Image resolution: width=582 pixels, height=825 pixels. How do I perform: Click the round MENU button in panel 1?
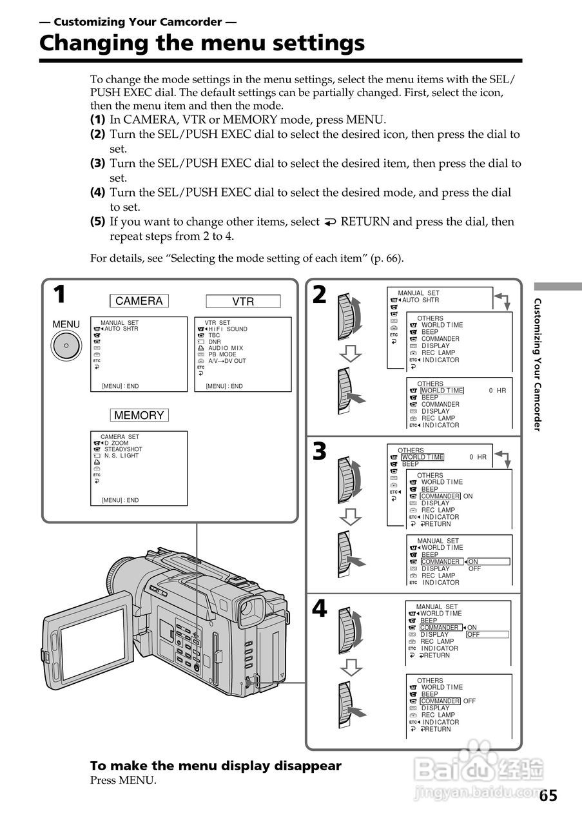[x=66, y=347]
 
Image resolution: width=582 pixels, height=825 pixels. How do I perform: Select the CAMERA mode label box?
[x=139, y=301]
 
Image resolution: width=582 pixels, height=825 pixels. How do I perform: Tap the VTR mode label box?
[x=243, y=301]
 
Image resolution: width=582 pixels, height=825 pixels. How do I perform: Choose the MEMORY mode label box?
[x=139, y=415]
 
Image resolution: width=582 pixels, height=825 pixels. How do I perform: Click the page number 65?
[x=548, y=795]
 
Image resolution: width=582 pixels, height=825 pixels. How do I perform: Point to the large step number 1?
[x=59, y=295]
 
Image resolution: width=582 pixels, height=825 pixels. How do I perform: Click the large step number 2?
[x=319, y=295]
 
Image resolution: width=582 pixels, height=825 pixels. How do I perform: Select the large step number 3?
[x=319, y=451]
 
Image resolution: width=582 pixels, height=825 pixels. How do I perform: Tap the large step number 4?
[x=319, y=608]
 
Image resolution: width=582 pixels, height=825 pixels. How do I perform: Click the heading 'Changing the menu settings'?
[x=202, y=43]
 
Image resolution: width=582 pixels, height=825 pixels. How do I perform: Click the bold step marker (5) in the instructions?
[x=97, y=222]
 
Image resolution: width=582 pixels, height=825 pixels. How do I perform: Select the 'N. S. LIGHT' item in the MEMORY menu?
[x=121, y=456]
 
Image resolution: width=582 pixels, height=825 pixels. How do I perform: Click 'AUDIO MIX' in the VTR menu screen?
[x=226, y=348]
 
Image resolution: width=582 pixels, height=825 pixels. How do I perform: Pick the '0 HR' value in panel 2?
[x=497, y=391]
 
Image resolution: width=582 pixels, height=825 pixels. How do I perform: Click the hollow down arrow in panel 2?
[x=351, y=353]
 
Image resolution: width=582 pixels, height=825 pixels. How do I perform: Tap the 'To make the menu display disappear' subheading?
[x=215, y=766]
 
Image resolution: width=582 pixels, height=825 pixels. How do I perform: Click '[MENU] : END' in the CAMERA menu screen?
[x=120, y=386]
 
